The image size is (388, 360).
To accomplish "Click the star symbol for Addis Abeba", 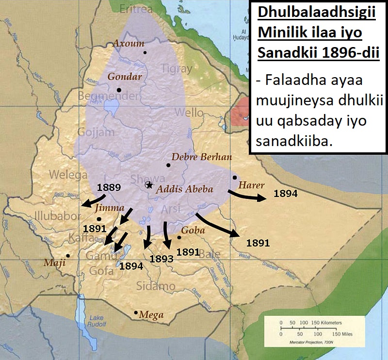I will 149,185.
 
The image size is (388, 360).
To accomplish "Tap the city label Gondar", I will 125,77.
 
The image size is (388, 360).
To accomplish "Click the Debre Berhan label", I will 202,157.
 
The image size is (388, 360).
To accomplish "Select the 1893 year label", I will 162,259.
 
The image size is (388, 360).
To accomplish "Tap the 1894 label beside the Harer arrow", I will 286,193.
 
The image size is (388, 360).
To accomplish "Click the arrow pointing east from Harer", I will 247,196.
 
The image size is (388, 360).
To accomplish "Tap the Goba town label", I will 191,230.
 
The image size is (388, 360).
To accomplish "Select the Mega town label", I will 151,315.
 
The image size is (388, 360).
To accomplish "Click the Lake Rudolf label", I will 97,322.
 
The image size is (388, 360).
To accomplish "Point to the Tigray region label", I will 177,69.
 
